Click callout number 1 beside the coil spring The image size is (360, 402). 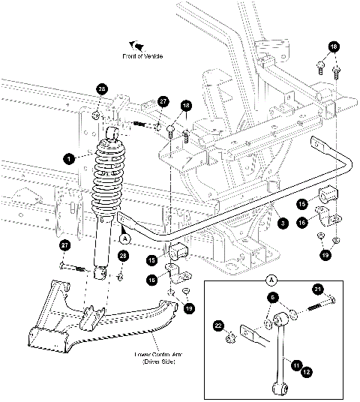tap(68, 158)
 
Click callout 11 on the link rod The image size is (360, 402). tap(297, 364)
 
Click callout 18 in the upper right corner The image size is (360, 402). tap(334, 46)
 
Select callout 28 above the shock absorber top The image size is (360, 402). tap(102, 90)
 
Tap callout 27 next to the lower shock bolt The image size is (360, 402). tap(64, 244)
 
